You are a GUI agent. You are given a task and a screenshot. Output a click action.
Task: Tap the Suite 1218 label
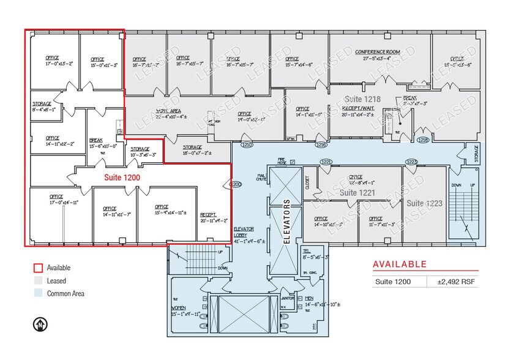[362, 99]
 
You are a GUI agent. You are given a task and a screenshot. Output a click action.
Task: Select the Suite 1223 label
[424, 203]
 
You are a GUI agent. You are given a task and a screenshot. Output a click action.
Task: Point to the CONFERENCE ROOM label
[378, 52]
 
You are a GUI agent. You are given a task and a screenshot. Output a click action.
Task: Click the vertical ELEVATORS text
[285, 221]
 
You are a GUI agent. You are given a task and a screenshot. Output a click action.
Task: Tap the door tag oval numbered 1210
[247, 146]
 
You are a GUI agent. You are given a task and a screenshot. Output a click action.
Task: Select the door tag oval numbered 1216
[321, 146]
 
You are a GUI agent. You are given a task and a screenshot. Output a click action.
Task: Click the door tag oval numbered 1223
[411, 162]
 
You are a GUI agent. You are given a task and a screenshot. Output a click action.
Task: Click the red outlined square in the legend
[37, 268]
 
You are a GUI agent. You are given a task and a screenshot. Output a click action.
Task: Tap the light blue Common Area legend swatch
[37, 293]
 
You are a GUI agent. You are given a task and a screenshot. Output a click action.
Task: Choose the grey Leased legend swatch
[37, 280]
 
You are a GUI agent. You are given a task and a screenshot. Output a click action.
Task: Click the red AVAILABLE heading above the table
[400, 264]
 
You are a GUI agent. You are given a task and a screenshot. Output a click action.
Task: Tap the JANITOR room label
[288, 299]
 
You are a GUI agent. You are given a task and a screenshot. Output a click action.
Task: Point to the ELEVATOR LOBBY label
[244, 234]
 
